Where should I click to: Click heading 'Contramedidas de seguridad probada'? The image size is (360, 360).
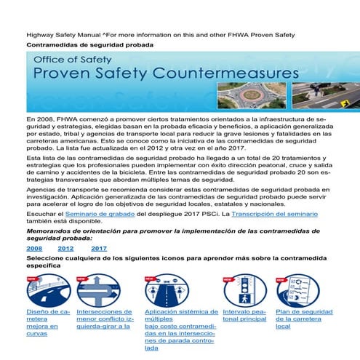pyautogui.click(x=89, y=45)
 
